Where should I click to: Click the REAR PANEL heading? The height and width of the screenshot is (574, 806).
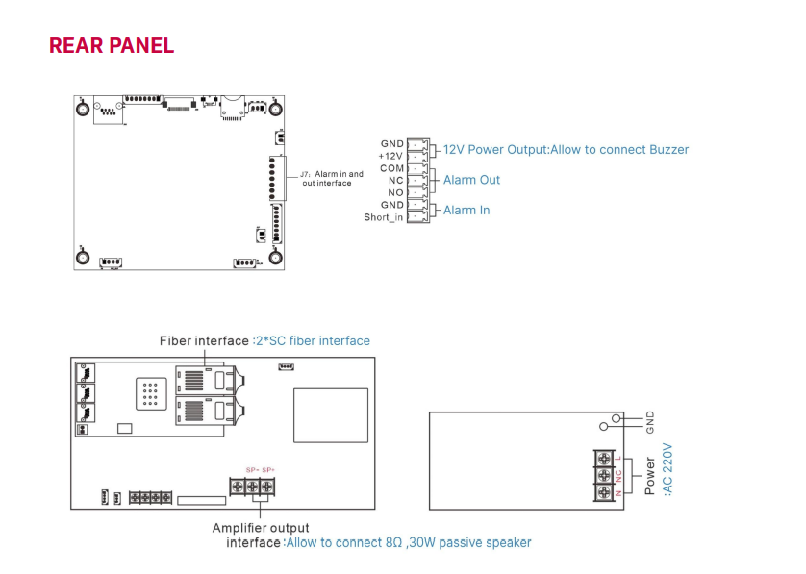[111, 46]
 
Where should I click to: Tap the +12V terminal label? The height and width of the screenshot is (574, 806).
[390, 156]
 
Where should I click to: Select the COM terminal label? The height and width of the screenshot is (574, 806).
[391, 168]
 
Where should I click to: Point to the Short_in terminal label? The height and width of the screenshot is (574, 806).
[384, 217]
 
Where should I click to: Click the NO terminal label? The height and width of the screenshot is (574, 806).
[395, 192]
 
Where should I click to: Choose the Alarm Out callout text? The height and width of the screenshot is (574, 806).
[471, 180]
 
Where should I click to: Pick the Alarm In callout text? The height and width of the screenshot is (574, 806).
[466, 210]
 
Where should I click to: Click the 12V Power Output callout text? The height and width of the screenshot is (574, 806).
[566, 149]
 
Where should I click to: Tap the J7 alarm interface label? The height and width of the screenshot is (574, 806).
[332, 178]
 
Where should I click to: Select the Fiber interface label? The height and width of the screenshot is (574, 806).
[204, 340]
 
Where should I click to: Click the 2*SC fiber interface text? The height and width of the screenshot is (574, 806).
[313, 340]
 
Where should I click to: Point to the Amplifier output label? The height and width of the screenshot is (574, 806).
[261, 528]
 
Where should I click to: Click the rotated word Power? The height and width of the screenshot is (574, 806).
[650, 477]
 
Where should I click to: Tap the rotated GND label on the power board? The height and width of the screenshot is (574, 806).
[650, 421]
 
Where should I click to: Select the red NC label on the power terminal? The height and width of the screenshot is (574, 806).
[619, 474]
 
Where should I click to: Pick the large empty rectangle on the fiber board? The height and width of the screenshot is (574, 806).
[330, 415]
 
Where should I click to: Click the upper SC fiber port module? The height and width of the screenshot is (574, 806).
[203, 382]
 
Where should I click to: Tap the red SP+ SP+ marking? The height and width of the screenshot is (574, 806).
[261, 469]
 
